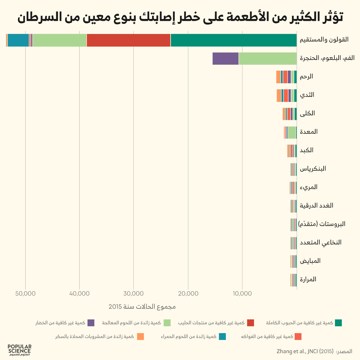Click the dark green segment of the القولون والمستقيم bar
(233, 40)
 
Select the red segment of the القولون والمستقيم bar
(129, 40)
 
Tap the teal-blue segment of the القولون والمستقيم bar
(18, 40)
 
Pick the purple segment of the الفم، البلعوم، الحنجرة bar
(225, 59)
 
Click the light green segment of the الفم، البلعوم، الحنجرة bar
(267, 59)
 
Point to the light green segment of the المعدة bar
(292, 132)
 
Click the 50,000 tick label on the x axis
(26, 293)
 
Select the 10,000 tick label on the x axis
(242, 293)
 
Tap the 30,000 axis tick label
(134, 293)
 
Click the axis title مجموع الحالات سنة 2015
(142, 307)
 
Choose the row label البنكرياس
(313, 169)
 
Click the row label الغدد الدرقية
(317, 206)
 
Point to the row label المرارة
(308, 279)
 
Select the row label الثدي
(307, 95)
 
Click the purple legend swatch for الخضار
(91, 323)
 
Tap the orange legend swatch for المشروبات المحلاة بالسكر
(140, 337)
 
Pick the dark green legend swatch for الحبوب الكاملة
(338, 323)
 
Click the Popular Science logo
(20, 350)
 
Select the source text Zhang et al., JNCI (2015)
(305, 352)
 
